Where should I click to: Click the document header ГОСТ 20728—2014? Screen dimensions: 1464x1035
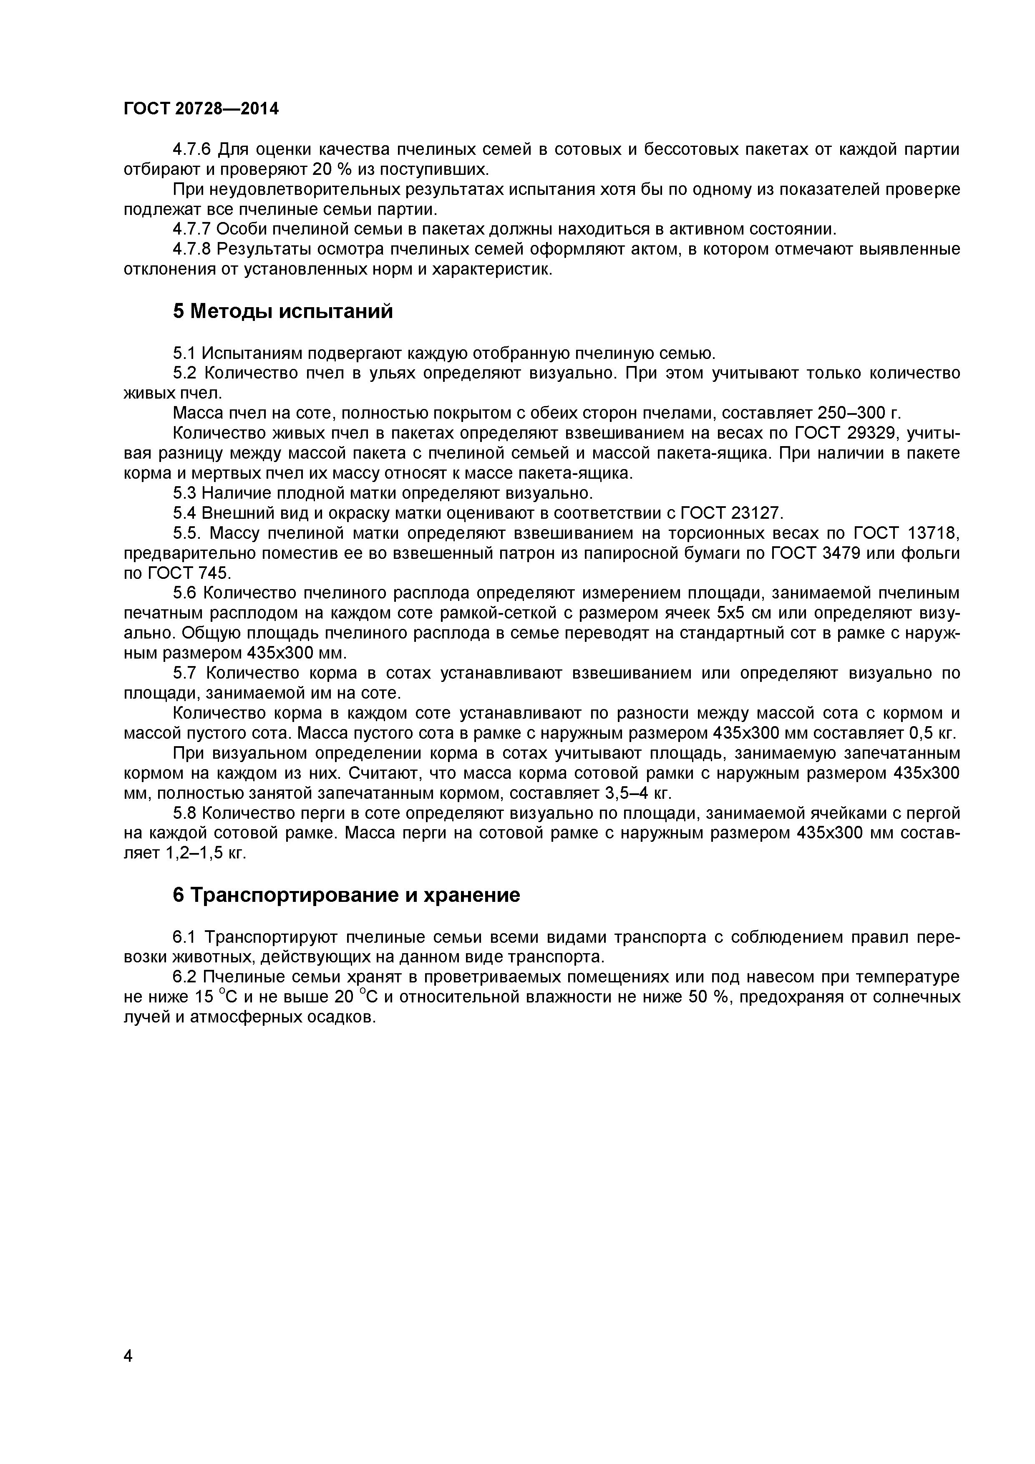(x=201, y=109)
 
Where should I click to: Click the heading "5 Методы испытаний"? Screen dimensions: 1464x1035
(x=283, y=311)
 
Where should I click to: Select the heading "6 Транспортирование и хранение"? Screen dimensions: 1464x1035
(x=346, y=895)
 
